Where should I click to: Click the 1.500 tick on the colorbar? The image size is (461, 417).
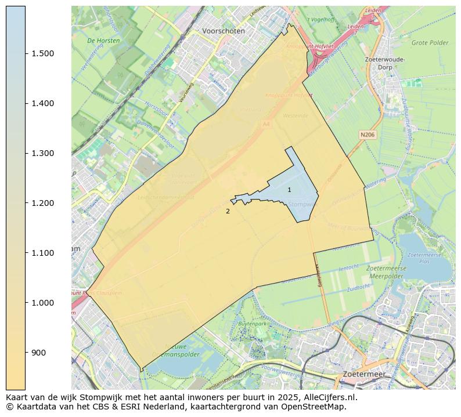[x=43, y=53]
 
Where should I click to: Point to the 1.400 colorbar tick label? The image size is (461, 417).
[x=43, y=103]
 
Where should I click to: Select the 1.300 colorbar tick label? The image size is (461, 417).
[x=43, y=153]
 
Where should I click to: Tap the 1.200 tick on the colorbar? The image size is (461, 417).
[x=43, y=203]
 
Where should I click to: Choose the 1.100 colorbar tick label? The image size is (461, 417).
[x=43, y=253]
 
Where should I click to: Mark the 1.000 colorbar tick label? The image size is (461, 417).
[x=43, y=303]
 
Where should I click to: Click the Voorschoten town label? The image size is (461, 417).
[x=224, y=31]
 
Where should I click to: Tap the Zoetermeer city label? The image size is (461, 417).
[x=364, y=374]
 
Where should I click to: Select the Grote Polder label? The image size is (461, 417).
[x=430, y=42]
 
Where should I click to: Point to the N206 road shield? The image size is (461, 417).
[x=367, y=135]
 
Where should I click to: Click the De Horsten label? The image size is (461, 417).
[x=103, y=41]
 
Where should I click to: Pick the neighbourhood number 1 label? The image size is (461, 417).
[x=289, y=190]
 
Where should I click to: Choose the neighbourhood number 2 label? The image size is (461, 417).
[x=228, y=212]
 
